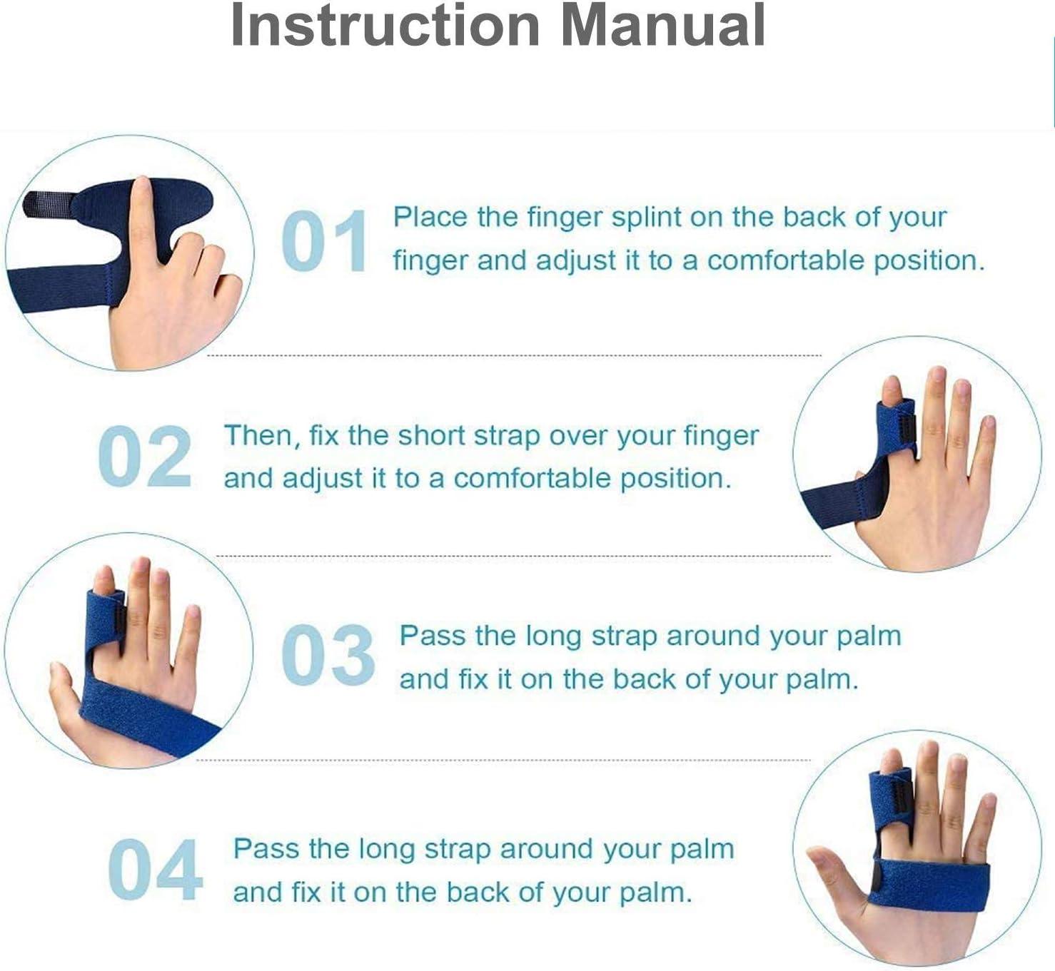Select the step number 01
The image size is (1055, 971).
pos(325,241)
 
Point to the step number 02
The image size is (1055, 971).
pos(145,457)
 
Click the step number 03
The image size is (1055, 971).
pos(328,655)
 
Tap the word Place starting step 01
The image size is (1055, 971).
pos(430,217)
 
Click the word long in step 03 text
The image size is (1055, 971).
pos(556,636)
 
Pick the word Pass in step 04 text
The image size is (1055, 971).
pos(266,849)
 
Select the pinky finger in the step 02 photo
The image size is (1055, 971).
pos(985,442)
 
